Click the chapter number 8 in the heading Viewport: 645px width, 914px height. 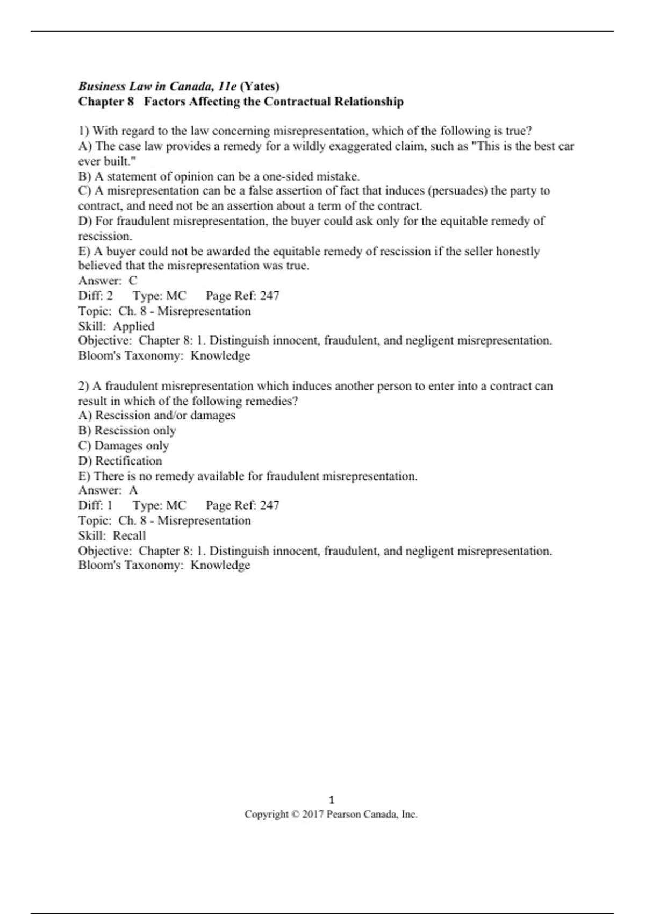[x=130, y=102]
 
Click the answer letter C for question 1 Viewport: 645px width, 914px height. [x=133, y=281]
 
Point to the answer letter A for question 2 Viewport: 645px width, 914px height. [x=133, y=490]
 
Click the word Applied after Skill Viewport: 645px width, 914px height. [x=134, y=326]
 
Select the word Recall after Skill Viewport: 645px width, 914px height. [x=130, y=535]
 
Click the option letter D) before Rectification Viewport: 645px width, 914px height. [x=85, y=461]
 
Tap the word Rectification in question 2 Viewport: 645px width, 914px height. [x=128, y=461]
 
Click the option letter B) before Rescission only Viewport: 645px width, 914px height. [x=85, y=431]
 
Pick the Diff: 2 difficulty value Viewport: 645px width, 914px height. [x=109, y=296]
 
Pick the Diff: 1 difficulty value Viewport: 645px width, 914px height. [x=109, y=505]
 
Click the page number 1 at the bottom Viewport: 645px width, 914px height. [x=331, y=799]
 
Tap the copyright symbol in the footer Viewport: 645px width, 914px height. [x=295, y=815]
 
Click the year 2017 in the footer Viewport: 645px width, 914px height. [x=313, y=815]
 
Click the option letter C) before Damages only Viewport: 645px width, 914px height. [x=85, y=446]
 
